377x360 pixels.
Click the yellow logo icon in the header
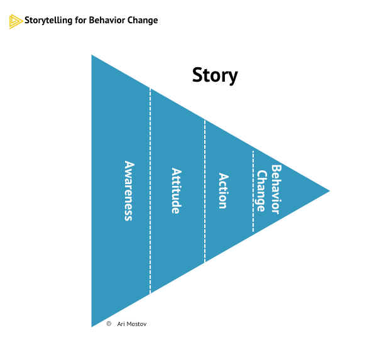[16, 21]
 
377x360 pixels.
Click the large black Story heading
[215, 75]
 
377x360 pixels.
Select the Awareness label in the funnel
[129, 191]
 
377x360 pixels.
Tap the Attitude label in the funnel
[177, 191]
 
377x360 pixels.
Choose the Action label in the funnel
[222, 191]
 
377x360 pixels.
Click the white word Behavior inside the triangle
[275, 189]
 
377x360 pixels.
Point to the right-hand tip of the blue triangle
[327, 190]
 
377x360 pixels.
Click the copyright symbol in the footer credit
[109, 324]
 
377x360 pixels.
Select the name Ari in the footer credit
[121, 324]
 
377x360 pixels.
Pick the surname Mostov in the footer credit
[137, 324]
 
